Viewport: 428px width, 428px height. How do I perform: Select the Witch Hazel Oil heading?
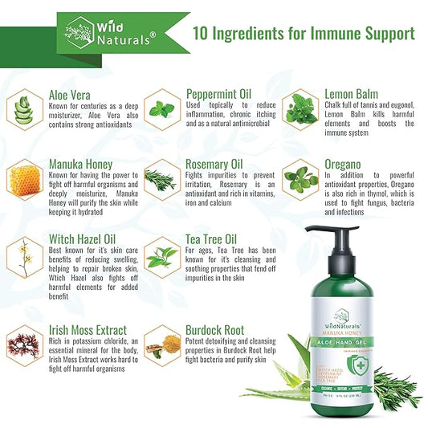point(79,238)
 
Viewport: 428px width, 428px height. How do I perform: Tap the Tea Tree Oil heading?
point(211,238)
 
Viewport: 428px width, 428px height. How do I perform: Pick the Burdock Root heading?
point(217,329)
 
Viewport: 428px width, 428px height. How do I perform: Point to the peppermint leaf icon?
point(161,107)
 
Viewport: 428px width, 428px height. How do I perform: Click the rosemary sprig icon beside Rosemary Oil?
point(161,178)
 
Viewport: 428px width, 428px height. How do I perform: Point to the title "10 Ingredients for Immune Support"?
point(304,34)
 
